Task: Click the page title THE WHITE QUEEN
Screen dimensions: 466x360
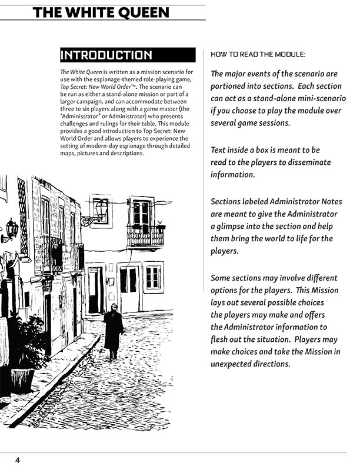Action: click(x=101, y=12)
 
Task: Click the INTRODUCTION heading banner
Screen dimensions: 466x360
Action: click(x=128, y=55)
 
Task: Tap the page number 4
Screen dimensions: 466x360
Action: click(x=18, y=460)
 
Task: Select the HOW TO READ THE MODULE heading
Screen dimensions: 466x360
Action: click(x=258, y=54)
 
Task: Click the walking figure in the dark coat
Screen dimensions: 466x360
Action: click(x=113, y=329)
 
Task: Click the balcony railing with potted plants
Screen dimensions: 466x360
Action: click(x=145, y=235)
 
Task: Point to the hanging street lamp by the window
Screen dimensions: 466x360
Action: click(x=102, y=208)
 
